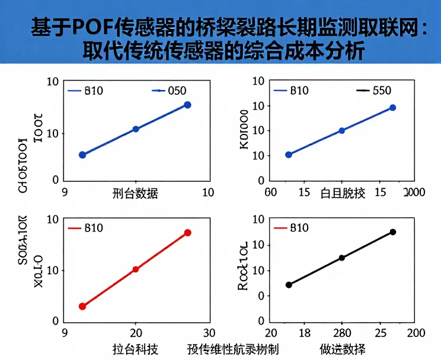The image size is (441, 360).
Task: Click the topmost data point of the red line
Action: click(x=187, y=233)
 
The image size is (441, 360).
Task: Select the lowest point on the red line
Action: click(x=82, y=306)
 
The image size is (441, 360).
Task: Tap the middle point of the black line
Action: click(x=341, y=258)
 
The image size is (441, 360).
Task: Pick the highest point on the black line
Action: click(x=392, y=232)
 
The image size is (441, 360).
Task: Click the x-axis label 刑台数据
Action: click(x=135, y=193)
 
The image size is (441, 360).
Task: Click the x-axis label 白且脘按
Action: click(x=343, y=193)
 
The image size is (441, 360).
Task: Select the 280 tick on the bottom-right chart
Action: click(x=342, y=333)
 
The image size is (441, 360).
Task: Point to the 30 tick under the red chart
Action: click(x=209, y=333)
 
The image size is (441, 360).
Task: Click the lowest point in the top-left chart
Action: click(x=82, y=155)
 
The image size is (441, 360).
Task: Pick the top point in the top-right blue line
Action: click(x=392, y=108)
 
